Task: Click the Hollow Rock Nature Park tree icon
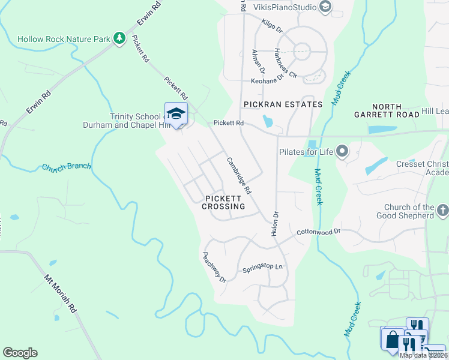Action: point(119,38)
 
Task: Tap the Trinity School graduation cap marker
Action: point(176,113)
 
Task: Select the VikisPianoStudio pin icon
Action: point(325,7)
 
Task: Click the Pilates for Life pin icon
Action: point(342,151)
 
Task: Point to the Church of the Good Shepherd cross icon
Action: point(443,211)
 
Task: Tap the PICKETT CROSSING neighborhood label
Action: point(223,202)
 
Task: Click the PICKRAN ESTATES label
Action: point(283,104)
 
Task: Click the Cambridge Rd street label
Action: point(238,175)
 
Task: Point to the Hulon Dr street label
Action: point(276,222)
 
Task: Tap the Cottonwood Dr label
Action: point(318,231)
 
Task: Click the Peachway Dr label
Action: point(214,267)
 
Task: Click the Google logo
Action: point(20,353)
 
